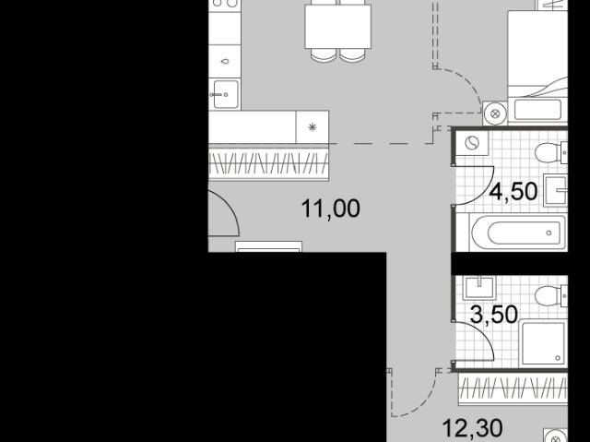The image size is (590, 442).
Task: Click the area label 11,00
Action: pyautogui.click(x=331, y=209)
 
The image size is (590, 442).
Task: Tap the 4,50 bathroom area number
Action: pyautogui.click(x=513, y=191)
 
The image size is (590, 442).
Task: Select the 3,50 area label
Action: pyautogui.click(x=494, y=315)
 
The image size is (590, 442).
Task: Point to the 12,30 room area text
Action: pyautogui.click(x=472, y=428)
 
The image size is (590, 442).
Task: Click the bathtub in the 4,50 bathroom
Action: pyautogui.click(x=518, y=233)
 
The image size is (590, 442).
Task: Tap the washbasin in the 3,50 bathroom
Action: pyautogui.click(x=479, y=288)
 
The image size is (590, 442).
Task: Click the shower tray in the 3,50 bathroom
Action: pyautogui.click(x=543, y=343)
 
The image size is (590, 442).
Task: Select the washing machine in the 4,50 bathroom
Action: pyautogui.click(x=472, y=143)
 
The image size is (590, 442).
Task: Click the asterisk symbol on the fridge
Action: pyautogui.click(x=313, y=127)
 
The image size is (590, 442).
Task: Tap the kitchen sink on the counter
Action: pyautogui.click(x=225, y=94)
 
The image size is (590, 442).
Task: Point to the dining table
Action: pyautogui.click(x=338, y=27)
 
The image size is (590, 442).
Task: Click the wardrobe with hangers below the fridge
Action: pyautogui.click(x=268, y=164)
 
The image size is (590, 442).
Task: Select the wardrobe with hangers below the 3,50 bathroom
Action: pyautogui.click(x=513, y=388)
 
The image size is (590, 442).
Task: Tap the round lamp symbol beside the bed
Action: pyautogui.click(x=495, y=113)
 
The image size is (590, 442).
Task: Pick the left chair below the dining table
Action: pyautogui.click(x=324, y=55)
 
